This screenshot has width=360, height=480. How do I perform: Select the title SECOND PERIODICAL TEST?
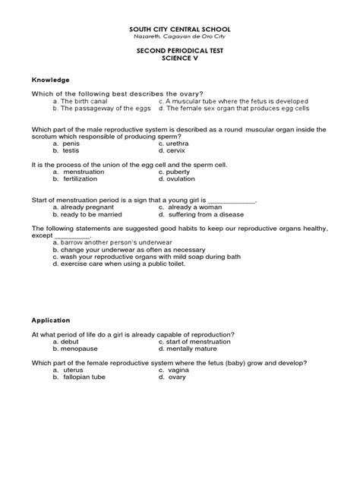pos(179,52)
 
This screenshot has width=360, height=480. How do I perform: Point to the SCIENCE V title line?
pos(179,60)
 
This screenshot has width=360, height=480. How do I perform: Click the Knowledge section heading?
pos(50,79)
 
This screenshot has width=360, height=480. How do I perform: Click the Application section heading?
pos(52,321)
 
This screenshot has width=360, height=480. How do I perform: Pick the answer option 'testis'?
pos(74,150)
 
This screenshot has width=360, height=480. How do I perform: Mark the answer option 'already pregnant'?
pos(90,206)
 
